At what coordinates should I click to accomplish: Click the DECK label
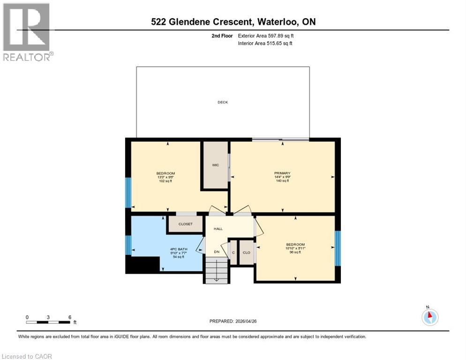pyautogui.click(x=223, y=102)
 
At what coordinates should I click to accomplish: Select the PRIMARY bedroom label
pyautogui.click(x=282, y=173)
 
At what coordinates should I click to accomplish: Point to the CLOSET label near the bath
pyautogui.click(x=185, y=224)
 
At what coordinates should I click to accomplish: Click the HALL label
pyautogui.click(x=218, y=229)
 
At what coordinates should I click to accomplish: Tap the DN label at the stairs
pyautogui.click(x=217, y=252)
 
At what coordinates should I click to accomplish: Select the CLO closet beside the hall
pyautogui.click(x=246, y=253)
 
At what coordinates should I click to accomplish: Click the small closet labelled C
pyautogui.click(x=233, y=253)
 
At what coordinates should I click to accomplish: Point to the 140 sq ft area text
pyautogui.click(x=282, y=180)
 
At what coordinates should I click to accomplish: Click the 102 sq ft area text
pyautogui.click(x=165, y=181)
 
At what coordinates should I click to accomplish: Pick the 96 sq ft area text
pyautogui.click(x=295, y=252)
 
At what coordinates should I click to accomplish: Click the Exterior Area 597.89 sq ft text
pyautogui.click(x=266, y=36)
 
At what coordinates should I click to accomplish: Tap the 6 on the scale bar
pyautogui.click(x=70, y=317)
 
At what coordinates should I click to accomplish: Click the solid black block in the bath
pyautogui.click(x=143, y=265)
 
